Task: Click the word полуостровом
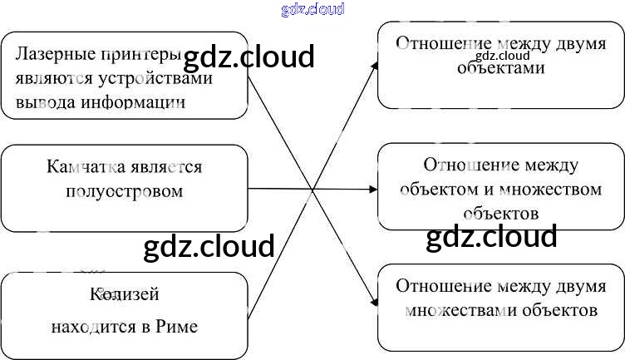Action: pyautogui.click(x=124, y=191)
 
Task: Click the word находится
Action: pyautogui.click(x=93, y=325)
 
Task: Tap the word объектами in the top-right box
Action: pyautogui.click(x=500, y=68)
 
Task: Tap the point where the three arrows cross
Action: pyautogui.click(x=312, y=190)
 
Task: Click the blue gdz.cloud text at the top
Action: pyautogui.click(x=312, y=9)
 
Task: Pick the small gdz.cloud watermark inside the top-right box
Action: pyautogui.click(x=503, y=57)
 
